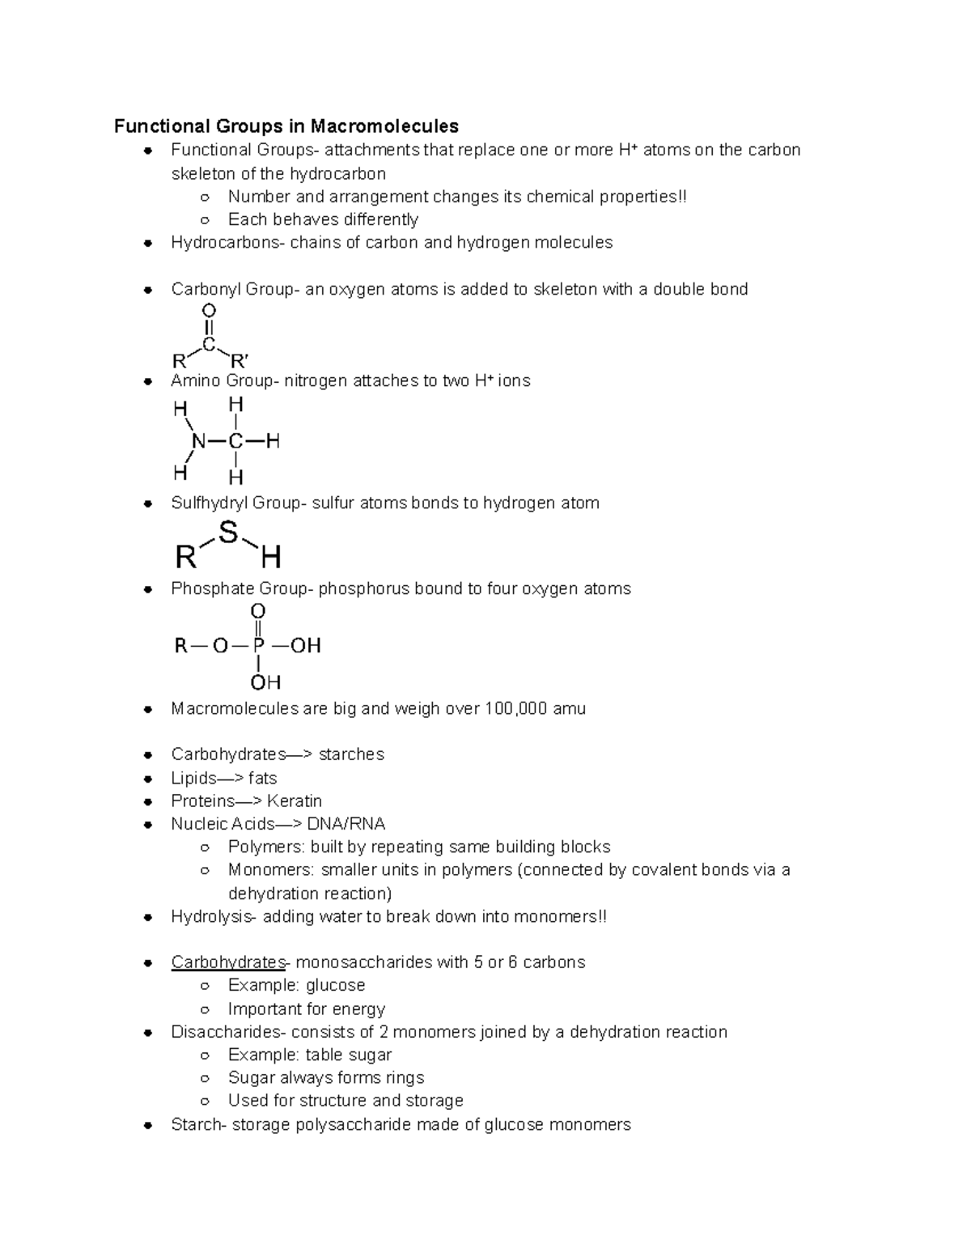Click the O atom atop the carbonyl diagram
(x=209, y=311)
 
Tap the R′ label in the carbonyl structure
(x=240, y=360)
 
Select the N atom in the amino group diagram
(x=198, y=441)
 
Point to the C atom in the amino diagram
(x=235, y=441)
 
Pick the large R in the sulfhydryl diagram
(x=186, y=558)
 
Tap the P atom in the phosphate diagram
(x=258, y=645)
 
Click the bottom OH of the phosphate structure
(x=265, y=682)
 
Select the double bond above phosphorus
(x=258, y=627)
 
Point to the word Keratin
(x=295, y=801)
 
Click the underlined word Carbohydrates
(x=228, y=962)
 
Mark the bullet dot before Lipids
(x=148, y=779)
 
